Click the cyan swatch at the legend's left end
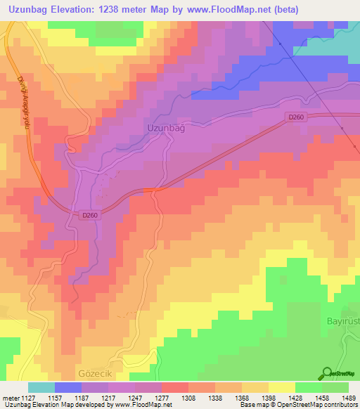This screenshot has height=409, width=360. (41, 387)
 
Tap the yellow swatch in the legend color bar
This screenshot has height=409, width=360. (282, 387)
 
